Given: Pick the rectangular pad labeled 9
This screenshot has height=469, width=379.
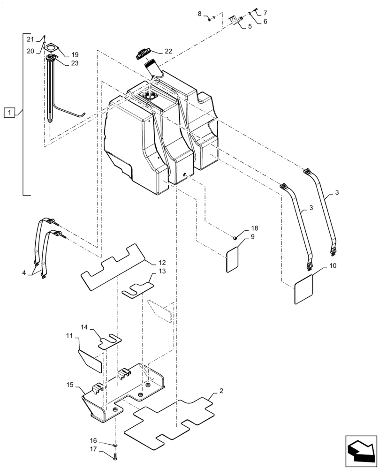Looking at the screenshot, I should point(233,259).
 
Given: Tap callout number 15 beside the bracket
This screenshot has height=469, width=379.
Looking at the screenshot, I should point(70,385).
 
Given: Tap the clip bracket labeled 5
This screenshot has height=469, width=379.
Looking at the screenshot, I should point(235,19).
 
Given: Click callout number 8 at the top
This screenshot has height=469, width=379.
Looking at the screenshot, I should point(200,14).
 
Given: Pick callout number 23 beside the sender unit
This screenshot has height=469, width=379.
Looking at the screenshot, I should point(75,63).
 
